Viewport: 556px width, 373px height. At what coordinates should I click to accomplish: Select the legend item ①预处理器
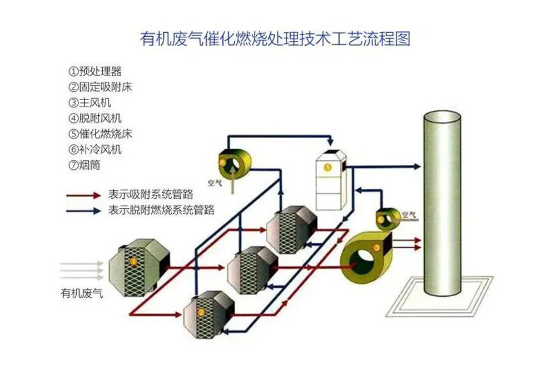(95, 71)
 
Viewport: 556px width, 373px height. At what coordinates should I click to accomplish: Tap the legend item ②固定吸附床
(100, 87)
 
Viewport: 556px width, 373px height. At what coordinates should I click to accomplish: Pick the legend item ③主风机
(90, 102)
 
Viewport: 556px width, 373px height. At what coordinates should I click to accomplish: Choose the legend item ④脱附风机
(95, 118)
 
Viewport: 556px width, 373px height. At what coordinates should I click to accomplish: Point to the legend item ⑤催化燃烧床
(100, 134)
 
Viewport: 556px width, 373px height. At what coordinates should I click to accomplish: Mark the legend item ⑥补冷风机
(95, 149)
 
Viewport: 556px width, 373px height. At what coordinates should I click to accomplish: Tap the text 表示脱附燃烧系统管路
(161, 210)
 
